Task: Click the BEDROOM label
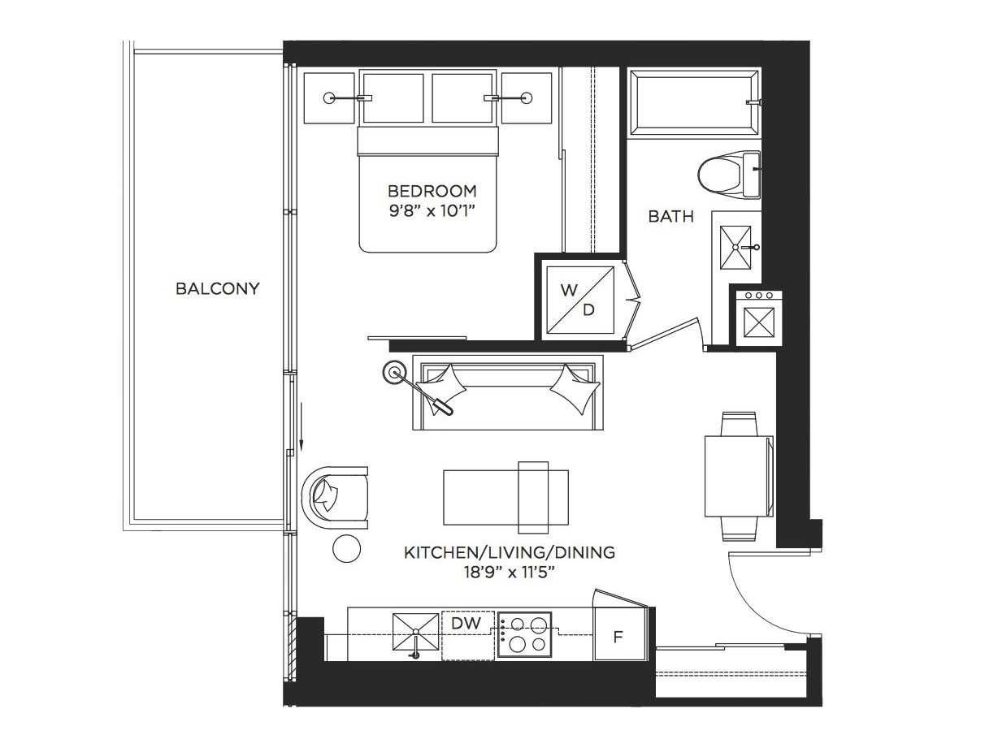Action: coord(432,192)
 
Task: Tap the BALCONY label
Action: coord(218,288)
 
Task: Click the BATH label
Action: coord(670,217)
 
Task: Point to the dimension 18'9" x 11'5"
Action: coord(509,572)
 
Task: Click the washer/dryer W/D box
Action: coord(579,299)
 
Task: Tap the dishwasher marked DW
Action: coord(467,624)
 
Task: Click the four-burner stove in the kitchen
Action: coord(524,634)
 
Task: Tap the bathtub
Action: coord(695,102)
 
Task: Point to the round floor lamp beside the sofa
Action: coord(395,373)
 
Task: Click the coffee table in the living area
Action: coord(505,495)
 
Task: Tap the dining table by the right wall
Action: coord(737,476)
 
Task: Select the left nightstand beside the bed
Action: coord(329,97)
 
